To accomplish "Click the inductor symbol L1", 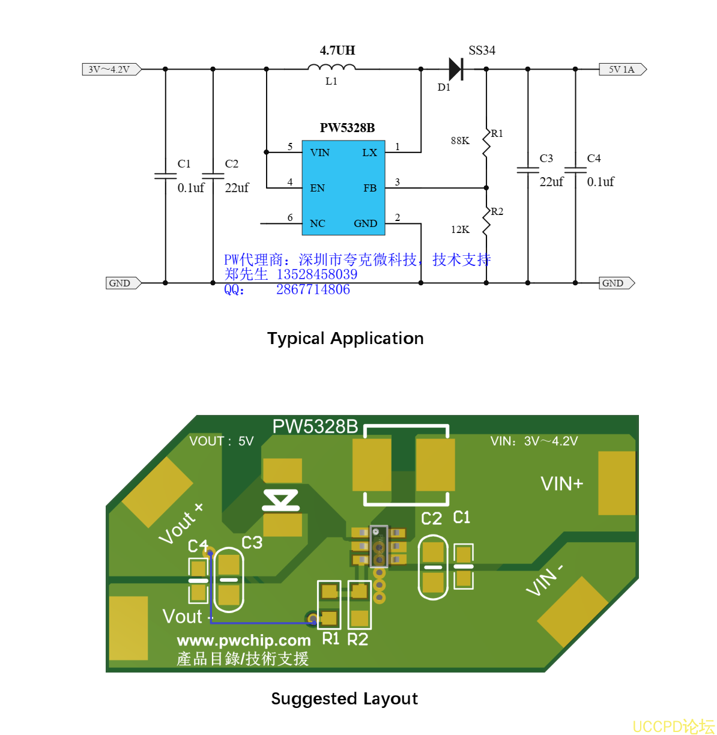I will click(x=331, y=68).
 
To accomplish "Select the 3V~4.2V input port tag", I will click(x=111, y=70).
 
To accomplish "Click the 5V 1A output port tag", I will click(x=622, y=70).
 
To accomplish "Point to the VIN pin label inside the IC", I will click(x=319, y=153).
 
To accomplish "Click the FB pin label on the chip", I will click(x=370, y=188).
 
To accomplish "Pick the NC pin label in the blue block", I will click(x=317, y=223).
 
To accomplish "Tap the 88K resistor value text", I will click(x=460, y=141).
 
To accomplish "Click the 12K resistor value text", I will click(x=460, y=229).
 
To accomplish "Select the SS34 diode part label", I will click(x=482, y=50).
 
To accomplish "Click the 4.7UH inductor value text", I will click(x=337, y=50).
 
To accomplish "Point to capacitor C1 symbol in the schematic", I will click(x=165, y=176).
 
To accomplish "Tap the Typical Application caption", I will click(x=345, y=339).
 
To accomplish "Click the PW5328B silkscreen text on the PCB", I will click(x=315, y=426).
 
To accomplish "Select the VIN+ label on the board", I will click(x=561, y=484).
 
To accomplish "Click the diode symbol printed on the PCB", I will click(x=281, y=500).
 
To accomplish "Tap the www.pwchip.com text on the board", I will click(x=244, y=641).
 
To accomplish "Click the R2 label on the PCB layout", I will click(x=358, y=640).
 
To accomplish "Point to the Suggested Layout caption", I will click(x=344, y=699).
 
